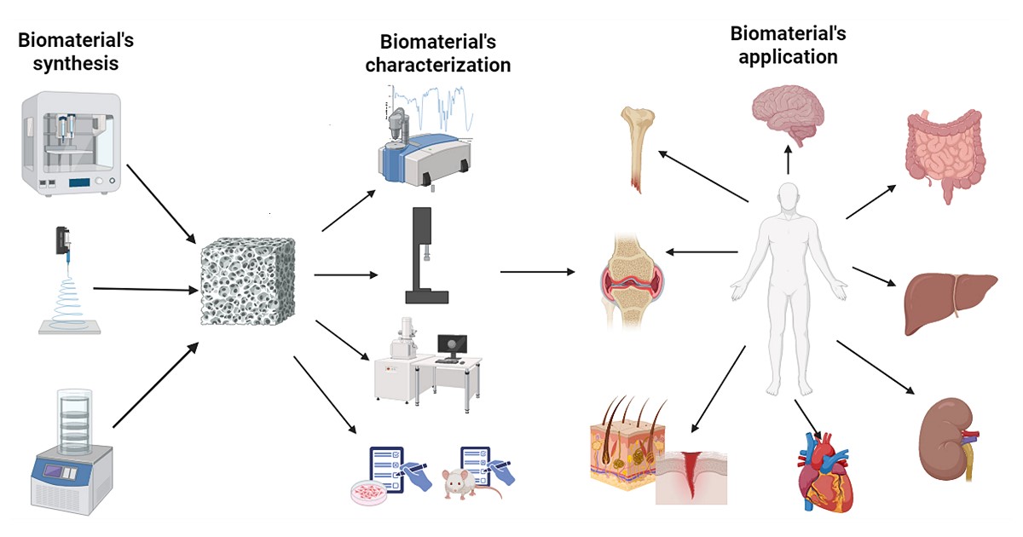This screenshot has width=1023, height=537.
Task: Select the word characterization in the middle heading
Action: (438, 65)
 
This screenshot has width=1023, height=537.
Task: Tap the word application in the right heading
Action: (788, 57)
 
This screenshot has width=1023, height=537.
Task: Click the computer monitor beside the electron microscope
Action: (453, 345)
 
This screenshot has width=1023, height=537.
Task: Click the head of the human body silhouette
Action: (789, 196)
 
